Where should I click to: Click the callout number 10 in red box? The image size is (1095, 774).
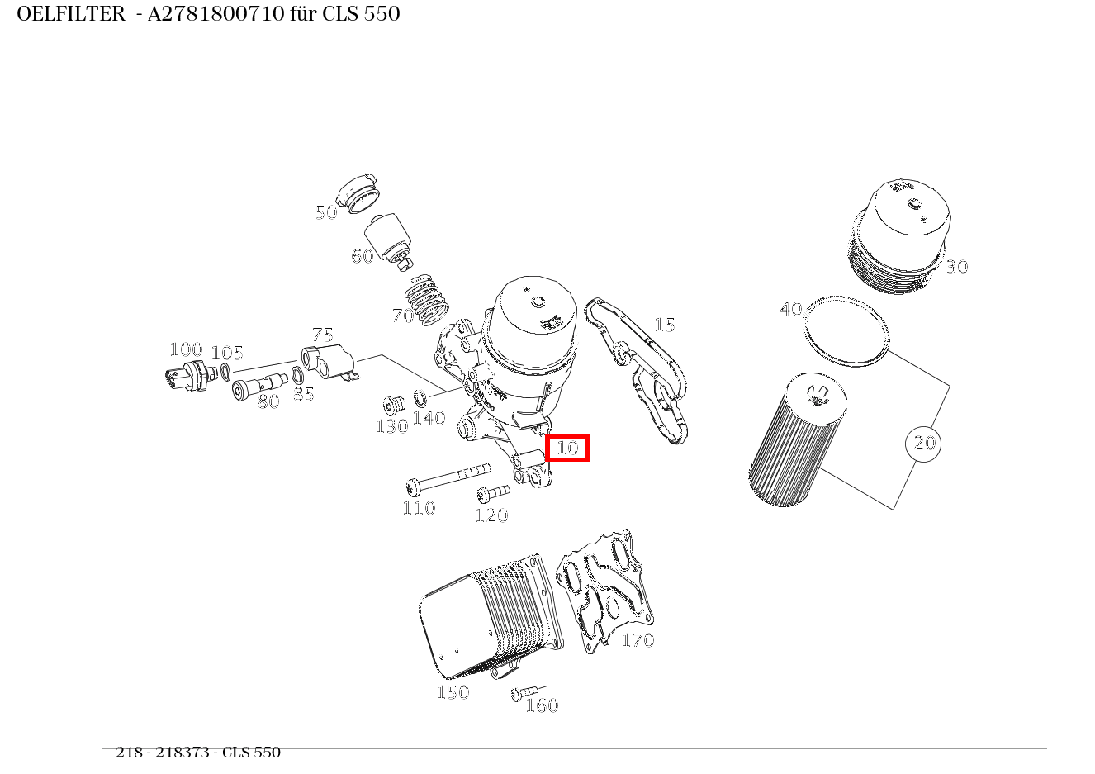tap(567, 448)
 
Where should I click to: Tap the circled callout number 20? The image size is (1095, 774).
tap(923, 444)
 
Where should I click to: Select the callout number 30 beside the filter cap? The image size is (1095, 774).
tap(956, 267)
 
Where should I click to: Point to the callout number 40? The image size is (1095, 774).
tap(790, 309)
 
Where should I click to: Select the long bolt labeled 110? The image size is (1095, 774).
tap(446, 477)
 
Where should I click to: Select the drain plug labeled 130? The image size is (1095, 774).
tap(393, 406)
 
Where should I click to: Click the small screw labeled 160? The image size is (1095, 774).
tap(524, 691)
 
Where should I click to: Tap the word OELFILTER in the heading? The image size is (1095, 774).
tap(71, 14)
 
